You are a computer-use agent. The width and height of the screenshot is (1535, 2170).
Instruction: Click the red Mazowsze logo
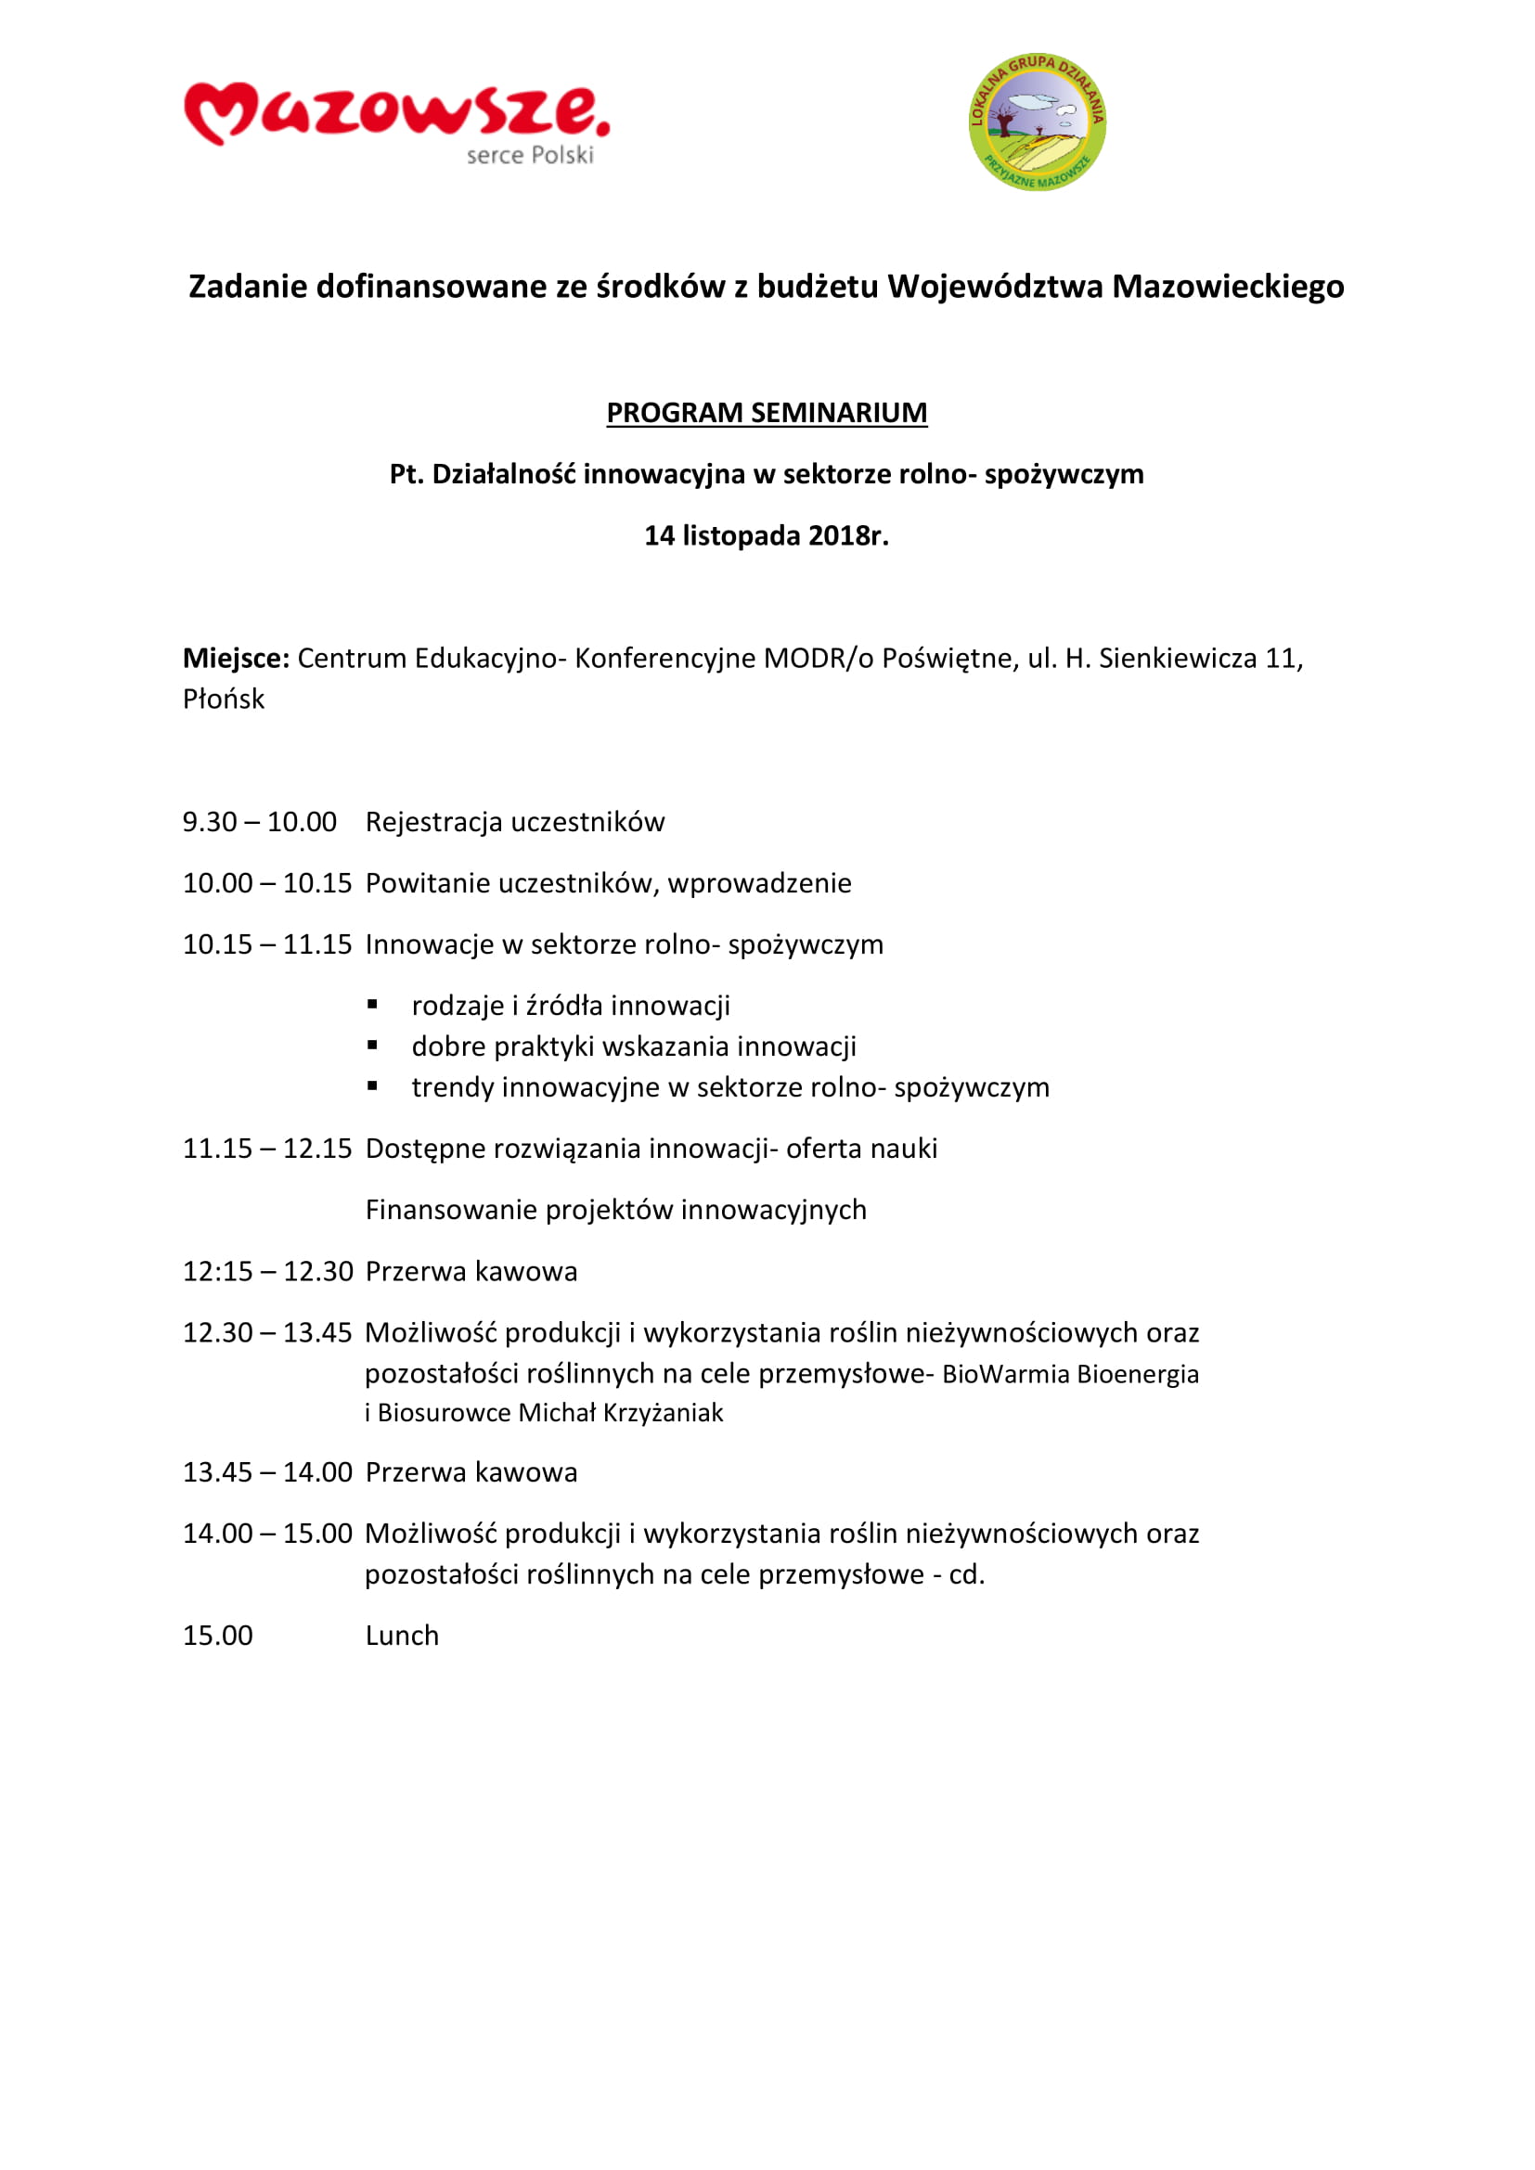click(x=396, y=112)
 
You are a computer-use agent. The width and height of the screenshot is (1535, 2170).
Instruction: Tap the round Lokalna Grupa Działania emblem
click(x=1037, y=122)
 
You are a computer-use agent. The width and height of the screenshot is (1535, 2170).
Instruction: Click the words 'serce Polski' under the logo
click(x=529, y=155)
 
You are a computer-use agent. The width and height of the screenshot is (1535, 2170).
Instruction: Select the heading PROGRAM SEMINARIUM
click(x=767, y=413)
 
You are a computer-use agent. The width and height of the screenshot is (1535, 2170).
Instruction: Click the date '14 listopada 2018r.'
click(x=767, y=536)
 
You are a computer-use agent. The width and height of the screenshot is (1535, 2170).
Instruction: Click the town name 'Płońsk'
click(x=224, y=700)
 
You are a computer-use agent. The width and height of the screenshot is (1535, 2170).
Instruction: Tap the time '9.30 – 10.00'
click(x=260, y=822)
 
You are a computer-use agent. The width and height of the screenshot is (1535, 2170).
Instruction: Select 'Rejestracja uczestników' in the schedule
click(x=515, y=822)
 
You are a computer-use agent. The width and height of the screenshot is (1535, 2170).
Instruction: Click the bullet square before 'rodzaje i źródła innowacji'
click(x=373, y=1005)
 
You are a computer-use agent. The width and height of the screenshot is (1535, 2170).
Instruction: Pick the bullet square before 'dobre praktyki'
click(x=373, y=1046)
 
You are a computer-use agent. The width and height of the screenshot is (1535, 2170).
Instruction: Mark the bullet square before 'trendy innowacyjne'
click(x=373, y=1087)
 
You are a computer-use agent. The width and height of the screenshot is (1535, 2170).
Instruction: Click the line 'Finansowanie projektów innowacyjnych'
click(x=616, y=1210)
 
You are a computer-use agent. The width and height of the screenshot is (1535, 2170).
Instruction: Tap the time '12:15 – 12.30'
click(x=267, y=1271)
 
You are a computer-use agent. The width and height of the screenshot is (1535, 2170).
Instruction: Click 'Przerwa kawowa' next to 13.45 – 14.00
click(x=471, y=1472)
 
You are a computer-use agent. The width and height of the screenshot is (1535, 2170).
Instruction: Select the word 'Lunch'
click(x=403, y=1636)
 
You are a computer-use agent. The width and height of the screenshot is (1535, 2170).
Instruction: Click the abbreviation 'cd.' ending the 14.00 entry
click(x=967, y=1574)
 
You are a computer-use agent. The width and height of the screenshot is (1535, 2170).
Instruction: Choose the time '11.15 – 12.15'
click(x=267, y=1149)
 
